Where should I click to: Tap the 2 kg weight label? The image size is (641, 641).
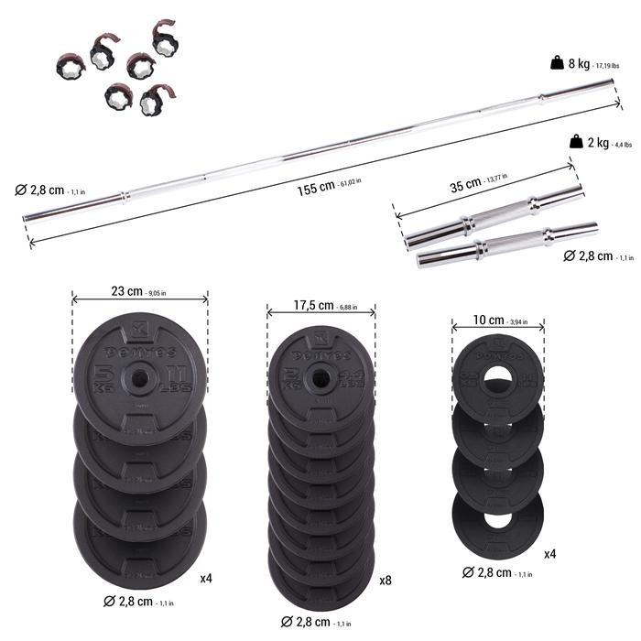[600, 142]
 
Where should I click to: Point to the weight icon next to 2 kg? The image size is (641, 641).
[575, 142]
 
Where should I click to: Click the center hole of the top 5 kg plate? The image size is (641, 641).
[139, 374]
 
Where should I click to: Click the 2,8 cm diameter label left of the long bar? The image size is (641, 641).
[45, 190]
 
